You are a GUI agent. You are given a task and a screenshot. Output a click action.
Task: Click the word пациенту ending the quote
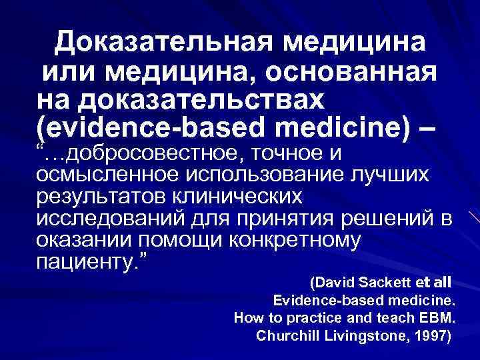85,262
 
